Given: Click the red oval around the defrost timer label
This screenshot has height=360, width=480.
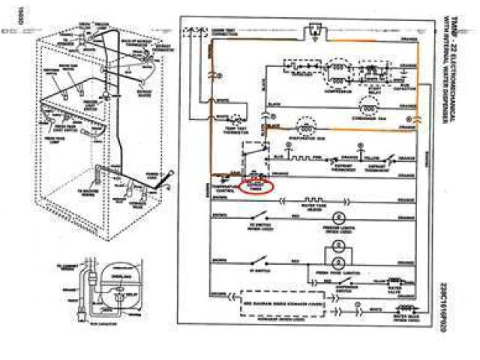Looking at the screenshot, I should tap(257, 184).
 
